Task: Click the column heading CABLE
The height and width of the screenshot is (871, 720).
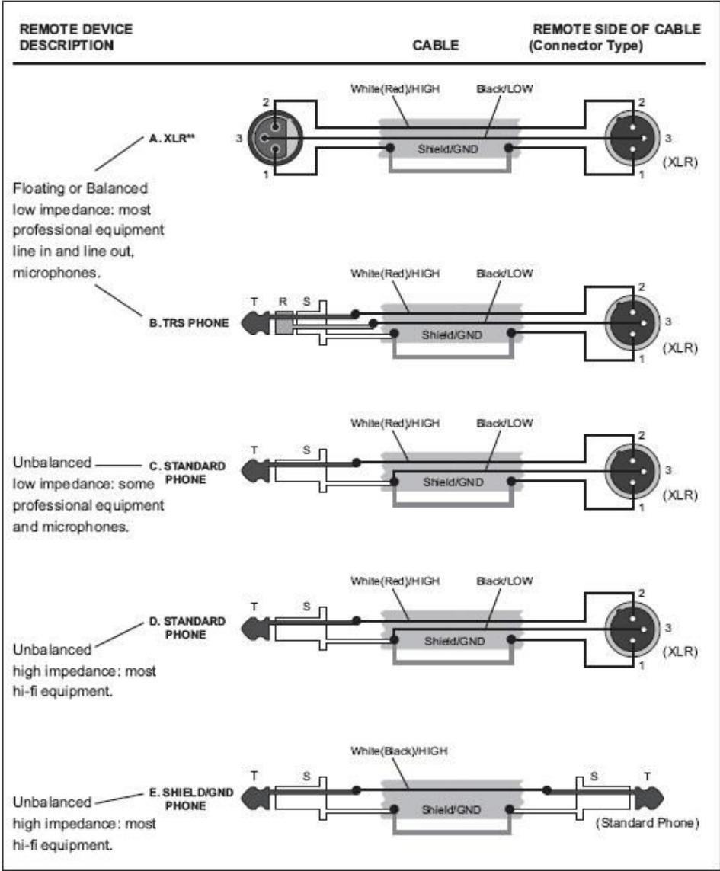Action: point(435,45)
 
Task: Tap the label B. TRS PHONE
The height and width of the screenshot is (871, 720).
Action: point(187,322)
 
